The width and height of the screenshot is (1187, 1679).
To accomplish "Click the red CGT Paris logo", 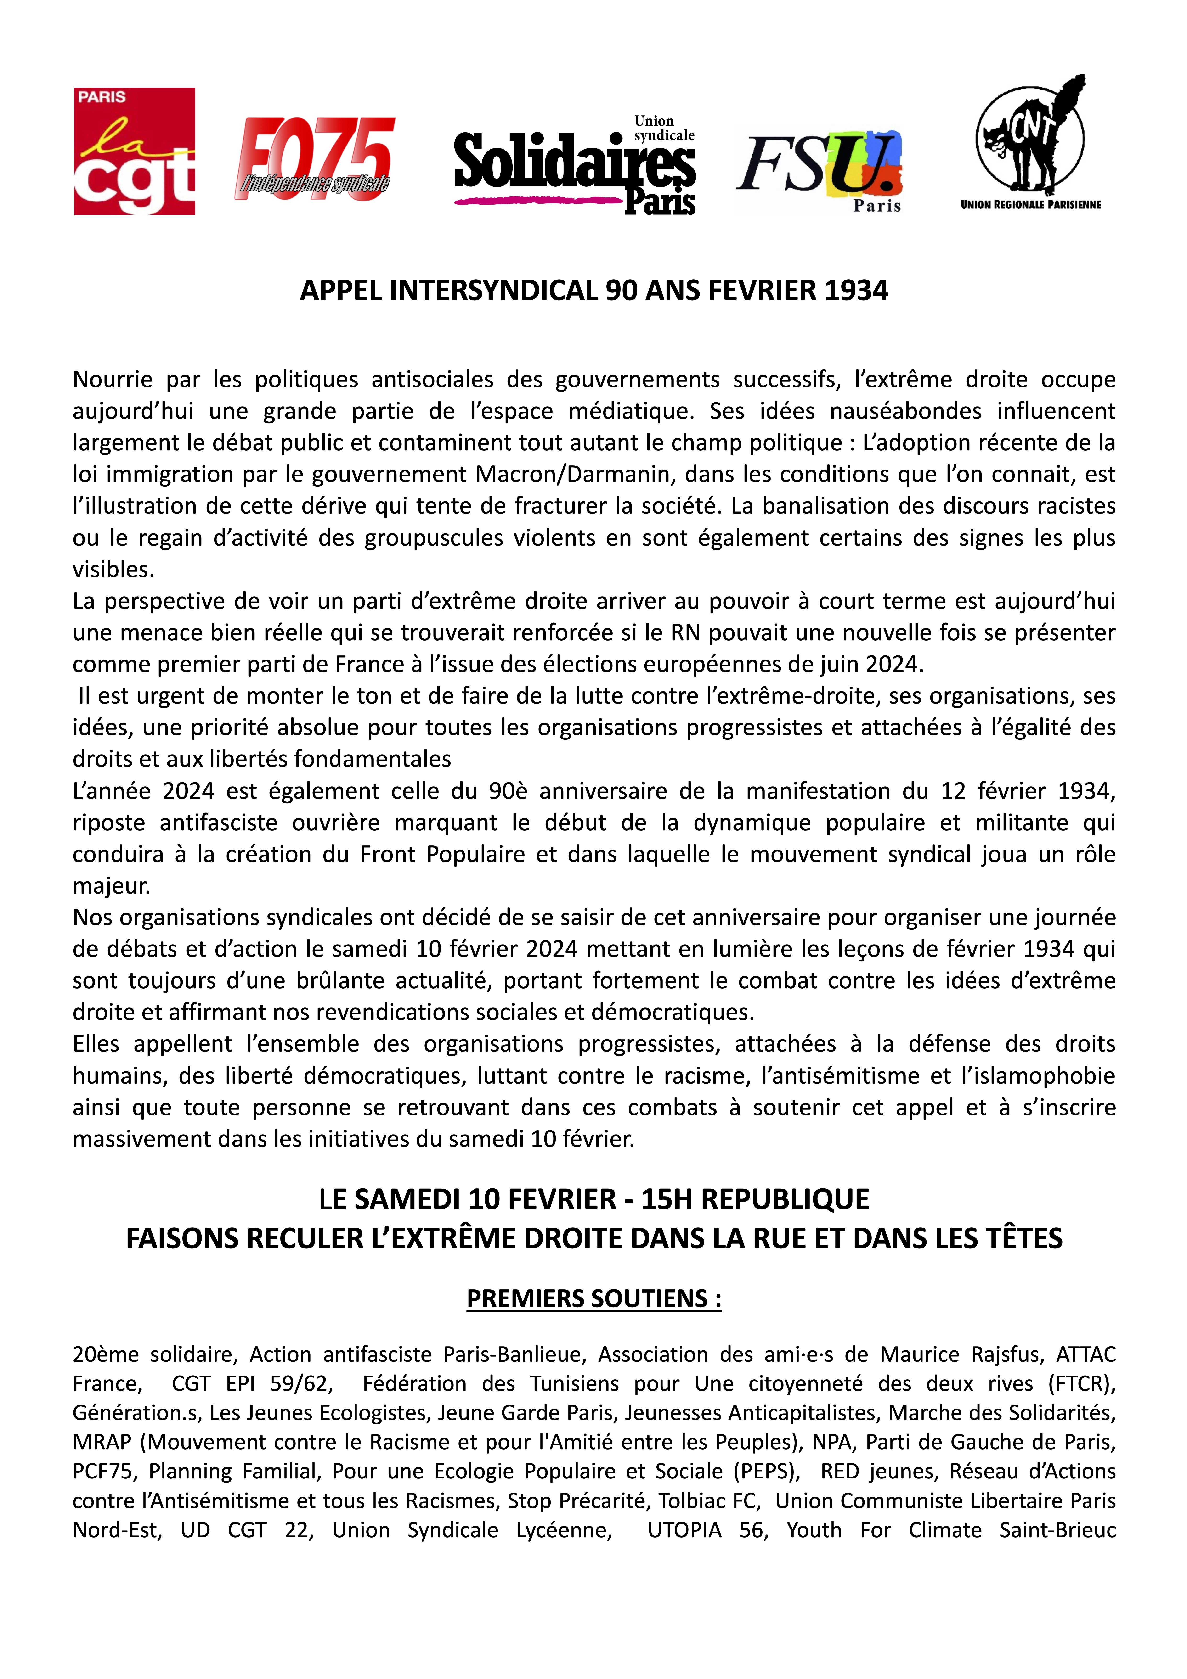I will tap(135, 151).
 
